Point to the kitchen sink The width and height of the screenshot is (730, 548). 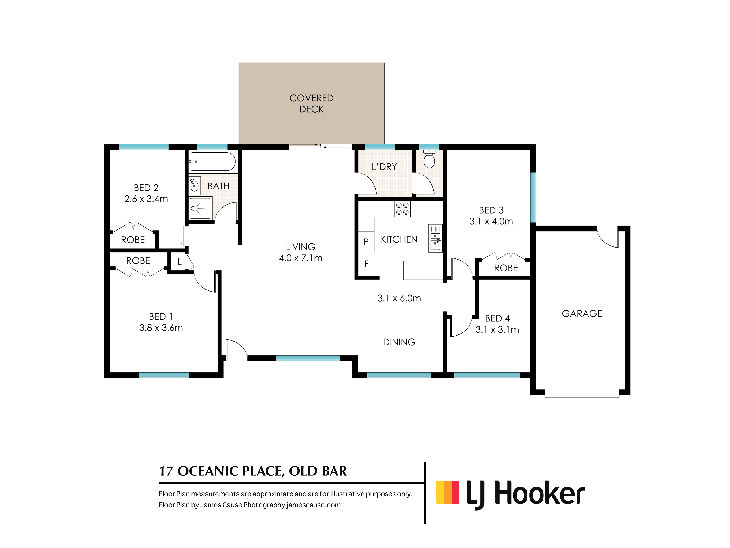435,238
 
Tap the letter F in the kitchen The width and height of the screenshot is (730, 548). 366,264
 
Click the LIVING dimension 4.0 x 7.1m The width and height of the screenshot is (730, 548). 301,258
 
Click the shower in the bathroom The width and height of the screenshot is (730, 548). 200,208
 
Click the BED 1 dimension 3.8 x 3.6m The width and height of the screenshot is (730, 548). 161,328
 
